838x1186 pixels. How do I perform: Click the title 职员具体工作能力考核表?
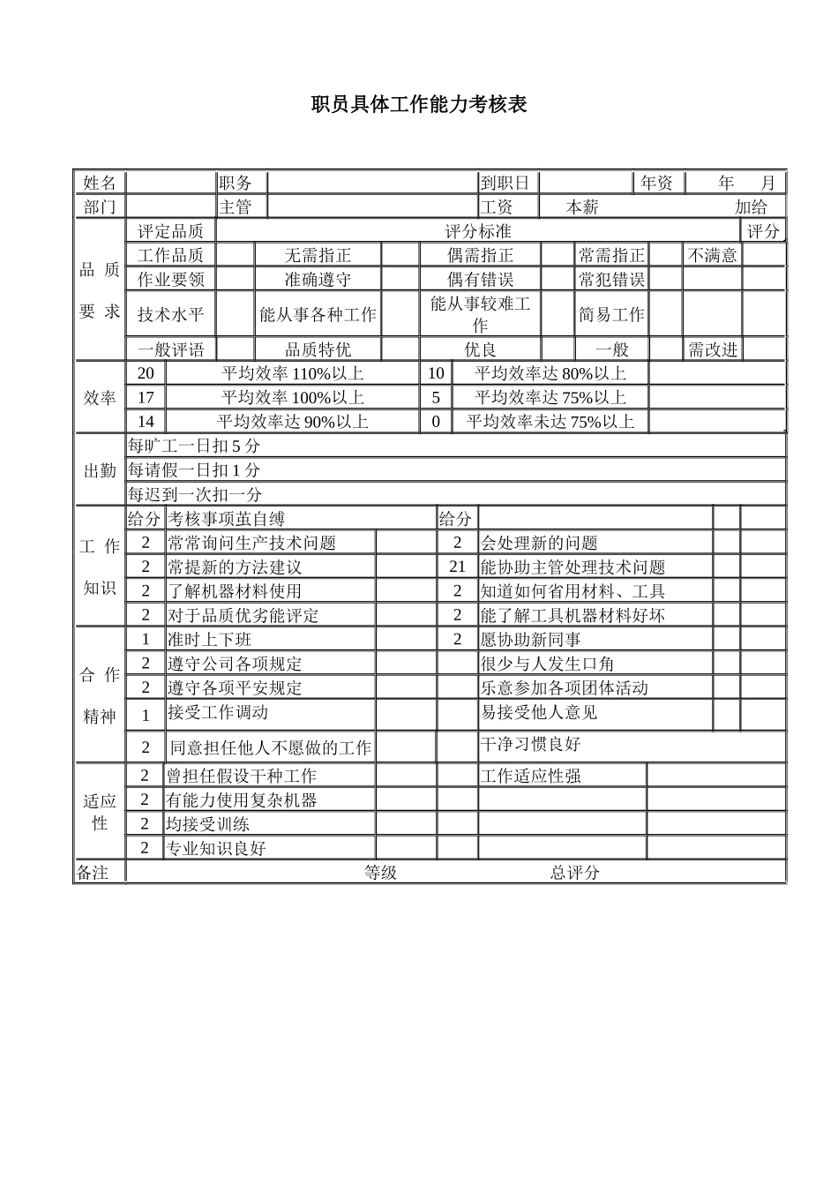(419, 105)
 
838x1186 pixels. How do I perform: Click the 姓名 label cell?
(100, 183)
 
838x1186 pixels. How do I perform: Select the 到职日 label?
(505, 183)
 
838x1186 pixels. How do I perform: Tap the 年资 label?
(657, 183)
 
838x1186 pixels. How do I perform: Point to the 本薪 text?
(582, 207)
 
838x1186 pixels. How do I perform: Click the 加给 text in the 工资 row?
(752, 207)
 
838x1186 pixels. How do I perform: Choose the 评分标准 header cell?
(478, 231)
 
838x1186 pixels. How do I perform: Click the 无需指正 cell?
(318, 255)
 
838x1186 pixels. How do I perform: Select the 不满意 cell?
(713, 255)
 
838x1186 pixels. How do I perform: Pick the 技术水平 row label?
(170, 314)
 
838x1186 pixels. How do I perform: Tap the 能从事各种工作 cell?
(318, 314)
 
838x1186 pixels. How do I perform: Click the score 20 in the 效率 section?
(146, 373)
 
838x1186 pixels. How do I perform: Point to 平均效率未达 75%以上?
(550, 422)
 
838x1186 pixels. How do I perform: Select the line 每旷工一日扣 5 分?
(194, 446)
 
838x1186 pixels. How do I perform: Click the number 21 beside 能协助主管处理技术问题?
(457, 567)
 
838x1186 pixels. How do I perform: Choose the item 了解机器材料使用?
(235, 591)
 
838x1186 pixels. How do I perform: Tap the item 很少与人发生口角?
(547, 664)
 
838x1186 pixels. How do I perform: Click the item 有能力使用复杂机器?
(242, 800)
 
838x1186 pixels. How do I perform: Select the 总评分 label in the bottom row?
(575, 873)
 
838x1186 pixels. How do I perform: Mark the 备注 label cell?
(93, 873)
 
